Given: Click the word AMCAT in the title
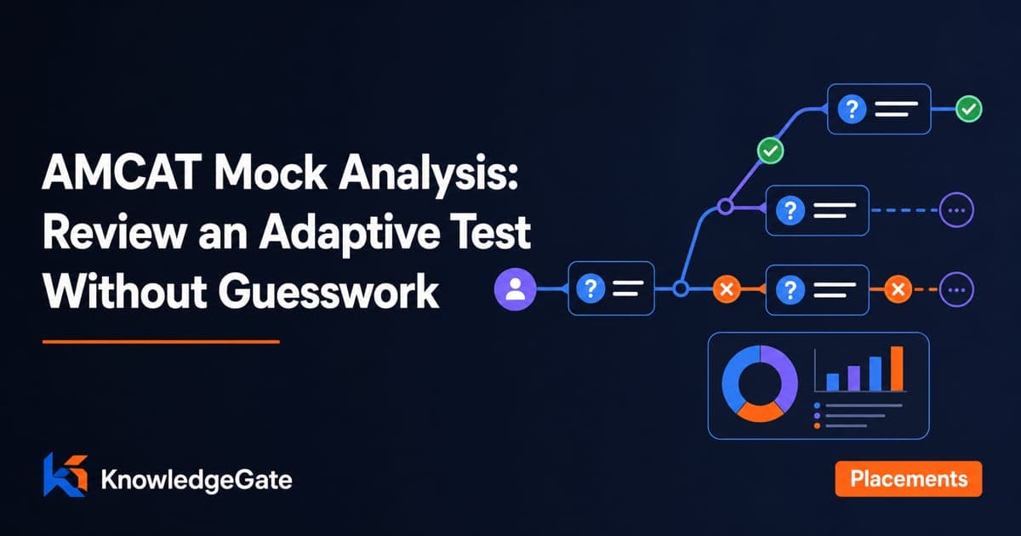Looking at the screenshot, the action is (122, 173).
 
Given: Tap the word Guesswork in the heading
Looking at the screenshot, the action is (328, 291).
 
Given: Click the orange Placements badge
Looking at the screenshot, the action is (909, 478).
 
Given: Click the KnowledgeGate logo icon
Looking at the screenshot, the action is (66, 475).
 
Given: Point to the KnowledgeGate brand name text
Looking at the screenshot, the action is (197, 480).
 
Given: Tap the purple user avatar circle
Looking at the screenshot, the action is (515, 289).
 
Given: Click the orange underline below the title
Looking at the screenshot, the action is (161, 341).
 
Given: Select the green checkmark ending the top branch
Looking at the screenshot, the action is (968, 109).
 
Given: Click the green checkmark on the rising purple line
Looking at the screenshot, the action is (770, 151).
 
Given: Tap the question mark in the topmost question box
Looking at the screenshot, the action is (852, 109).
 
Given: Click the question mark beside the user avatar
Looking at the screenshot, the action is (590, 288).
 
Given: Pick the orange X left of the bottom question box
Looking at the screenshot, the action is (727, 289).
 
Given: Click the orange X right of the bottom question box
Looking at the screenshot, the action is (898, 289).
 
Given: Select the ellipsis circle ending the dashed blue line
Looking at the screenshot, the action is (956, 210).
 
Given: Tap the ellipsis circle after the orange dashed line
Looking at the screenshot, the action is (956, 289).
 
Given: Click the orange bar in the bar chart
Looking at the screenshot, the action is (897, 368).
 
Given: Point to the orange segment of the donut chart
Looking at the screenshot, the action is (760, 412).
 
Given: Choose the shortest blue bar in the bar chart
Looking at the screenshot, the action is (833, 382).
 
